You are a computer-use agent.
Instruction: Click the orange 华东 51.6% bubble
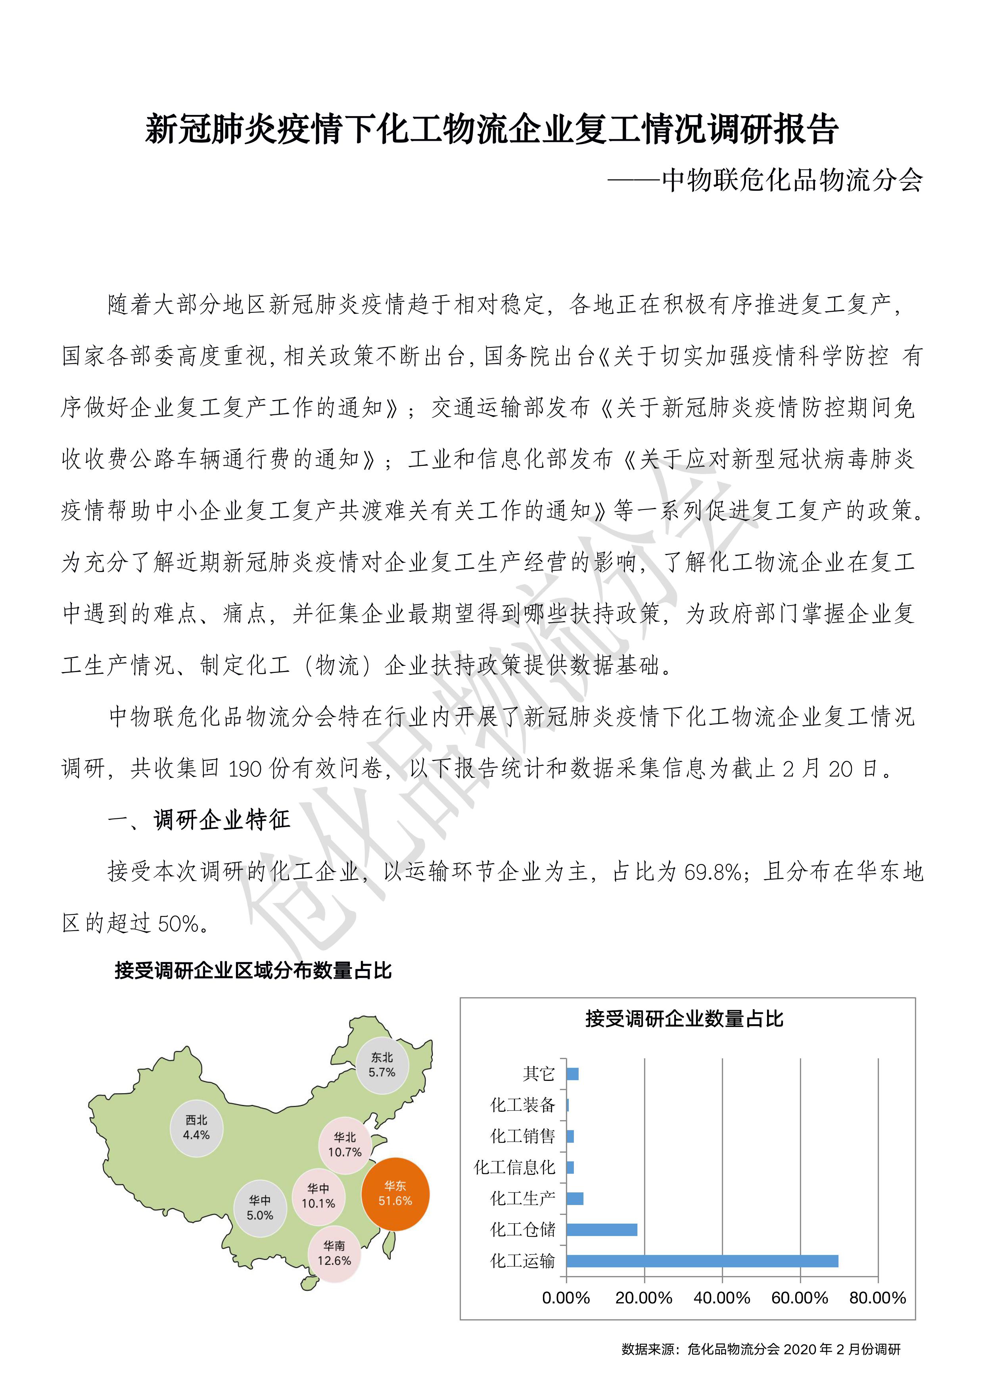[395, 1194]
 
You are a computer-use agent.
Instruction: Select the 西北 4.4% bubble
[196, 1127]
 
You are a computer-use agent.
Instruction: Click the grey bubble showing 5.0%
[260, 1208]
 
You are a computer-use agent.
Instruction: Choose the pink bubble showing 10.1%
[318, 1197]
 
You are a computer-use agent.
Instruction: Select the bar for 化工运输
[702, 1261]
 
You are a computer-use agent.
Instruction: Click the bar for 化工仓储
[602, 1229]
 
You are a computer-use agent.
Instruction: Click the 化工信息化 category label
[514, 1167]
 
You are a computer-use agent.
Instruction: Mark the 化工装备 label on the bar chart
[522, 1105]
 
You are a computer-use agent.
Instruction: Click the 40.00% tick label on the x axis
[722, 1298]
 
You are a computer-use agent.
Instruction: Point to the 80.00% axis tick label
[877, 1298]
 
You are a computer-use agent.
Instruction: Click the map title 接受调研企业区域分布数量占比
[253, 971]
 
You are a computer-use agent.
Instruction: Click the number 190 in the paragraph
[245, 769]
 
